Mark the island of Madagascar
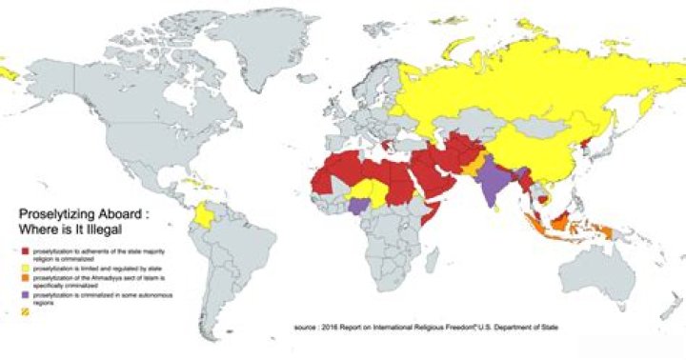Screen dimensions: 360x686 coord(433,267)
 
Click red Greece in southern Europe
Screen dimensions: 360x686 coord(385,146)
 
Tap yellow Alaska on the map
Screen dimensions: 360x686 coord(11,70)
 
